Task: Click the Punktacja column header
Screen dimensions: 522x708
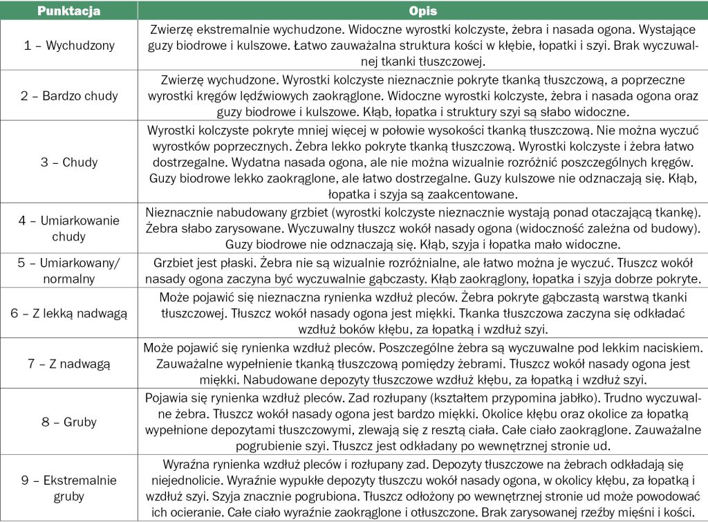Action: (x=68, y=12)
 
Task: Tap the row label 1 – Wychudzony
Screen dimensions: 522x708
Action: (x=68, y=46)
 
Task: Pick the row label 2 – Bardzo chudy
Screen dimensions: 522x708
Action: (x=68, y=96)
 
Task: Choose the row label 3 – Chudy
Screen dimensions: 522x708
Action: (x=68, y=162)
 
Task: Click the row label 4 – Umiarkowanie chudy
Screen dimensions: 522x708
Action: (x=68, y=228)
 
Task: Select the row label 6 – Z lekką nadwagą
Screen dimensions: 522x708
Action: (x=68, y=313)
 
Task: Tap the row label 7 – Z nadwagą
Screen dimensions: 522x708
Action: (x=68, y=363)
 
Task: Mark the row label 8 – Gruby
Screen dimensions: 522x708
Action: (x=68, y=422)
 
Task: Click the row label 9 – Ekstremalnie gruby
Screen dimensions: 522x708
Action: (x=68, y=488)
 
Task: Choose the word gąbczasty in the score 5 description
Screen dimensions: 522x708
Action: (x=389, y=280)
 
